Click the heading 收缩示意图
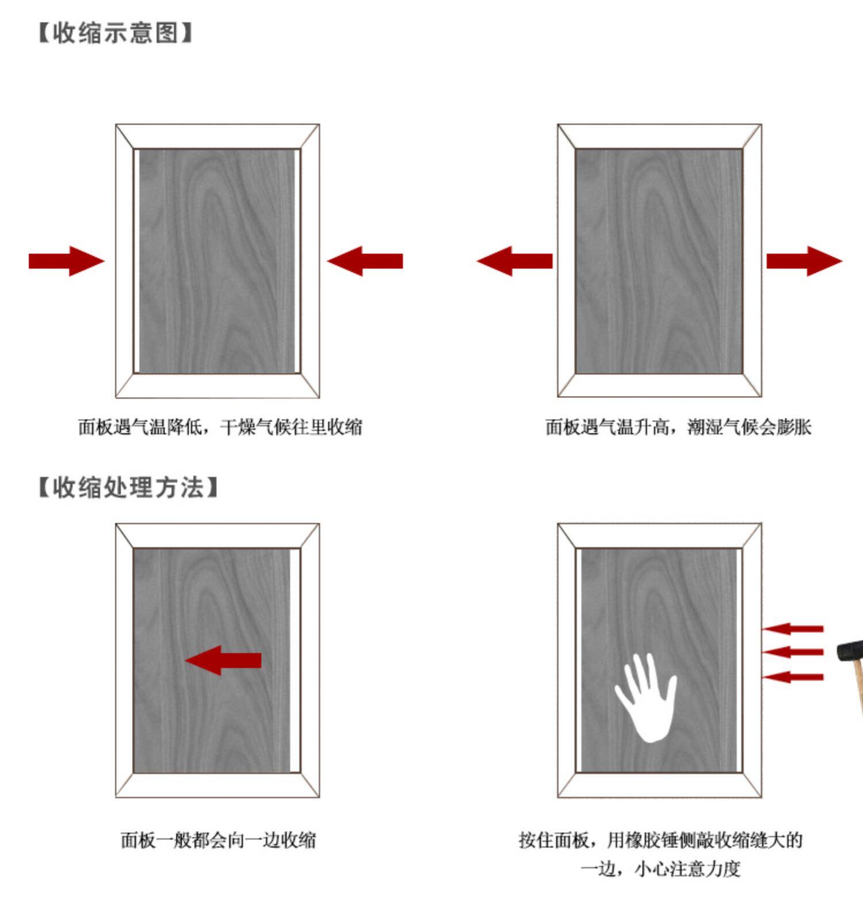pos(115,33)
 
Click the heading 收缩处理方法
pos(128,487)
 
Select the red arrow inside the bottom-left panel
pos(223,660)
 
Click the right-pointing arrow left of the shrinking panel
pos(66,261)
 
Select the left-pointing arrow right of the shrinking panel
pos(365,261)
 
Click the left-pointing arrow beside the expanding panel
pos(514,261)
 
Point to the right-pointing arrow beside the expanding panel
pos(804,261)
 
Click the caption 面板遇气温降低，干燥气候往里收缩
pos(220,427)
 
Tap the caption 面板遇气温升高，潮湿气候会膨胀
pos(678,427)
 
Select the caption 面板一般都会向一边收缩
pos(219,840)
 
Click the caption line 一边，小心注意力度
pos(660,868)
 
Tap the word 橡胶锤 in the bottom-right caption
pos(651,840)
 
